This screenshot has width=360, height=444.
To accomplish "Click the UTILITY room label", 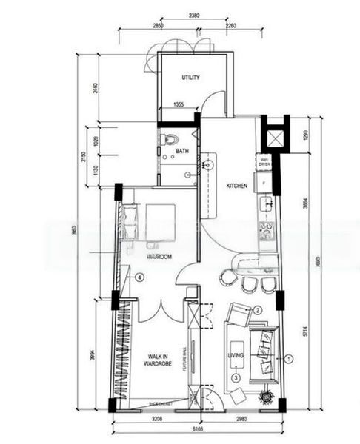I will [192, 77].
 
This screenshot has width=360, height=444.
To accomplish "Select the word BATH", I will [181, 152].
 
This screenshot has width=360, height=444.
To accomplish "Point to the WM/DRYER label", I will [263, 162].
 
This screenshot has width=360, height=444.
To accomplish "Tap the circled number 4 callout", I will [139, 277].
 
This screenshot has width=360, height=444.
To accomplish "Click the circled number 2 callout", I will [258, 310].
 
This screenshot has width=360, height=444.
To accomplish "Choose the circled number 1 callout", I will [290, 357].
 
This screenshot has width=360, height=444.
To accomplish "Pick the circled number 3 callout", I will [236, 377].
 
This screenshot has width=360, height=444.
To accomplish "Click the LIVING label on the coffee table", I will [236, 354].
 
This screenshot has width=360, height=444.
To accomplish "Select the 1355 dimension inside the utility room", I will [179, 106].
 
